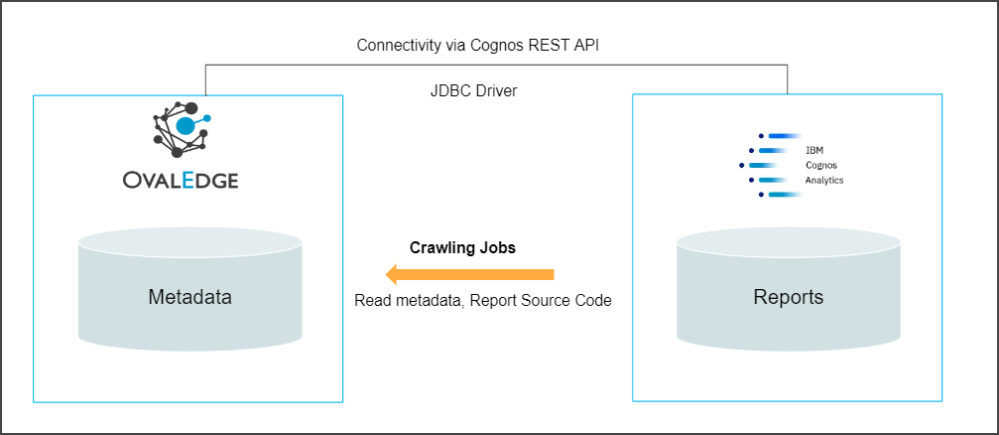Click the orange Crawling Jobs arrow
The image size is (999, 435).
click(470, 274)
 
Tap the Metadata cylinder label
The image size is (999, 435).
click(189, 296)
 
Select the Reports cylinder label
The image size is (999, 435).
click(788, 297)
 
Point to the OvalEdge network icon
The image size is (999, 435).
click(182, 129)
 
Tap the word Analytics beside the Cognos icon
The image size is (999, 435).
click(823, 180)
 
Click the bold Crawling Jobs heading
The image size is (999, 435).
click(462, 248)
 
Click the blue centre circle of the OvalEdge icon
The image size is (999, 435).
click(186, 126)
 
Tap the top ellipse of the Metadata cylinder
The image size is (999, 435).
click(189, 241)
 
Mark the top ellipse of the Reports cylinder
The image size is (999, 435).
click(788, 242)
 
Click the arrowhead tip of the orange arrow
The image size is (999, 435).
click(388, 274)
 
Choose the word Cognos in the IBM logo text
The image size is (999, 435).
click(819, 165)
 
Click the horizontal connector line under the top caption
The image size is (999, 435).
click(496, 67)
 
